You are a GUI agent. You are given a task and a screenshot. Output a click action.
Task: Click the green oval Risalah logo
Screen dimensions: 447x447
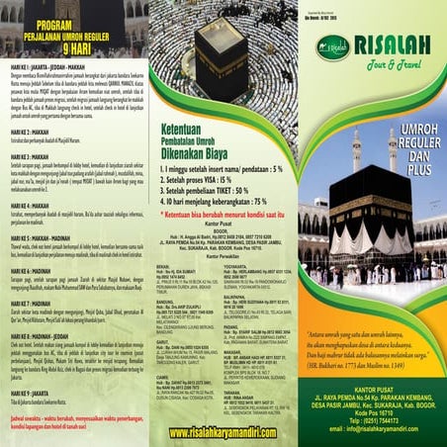pyautogui.click(x=333, y=46)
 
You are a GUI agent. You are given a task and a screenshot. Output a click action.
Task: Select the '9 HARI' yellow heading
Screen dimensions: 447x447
pyautogui.click(x=73, y=45)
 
